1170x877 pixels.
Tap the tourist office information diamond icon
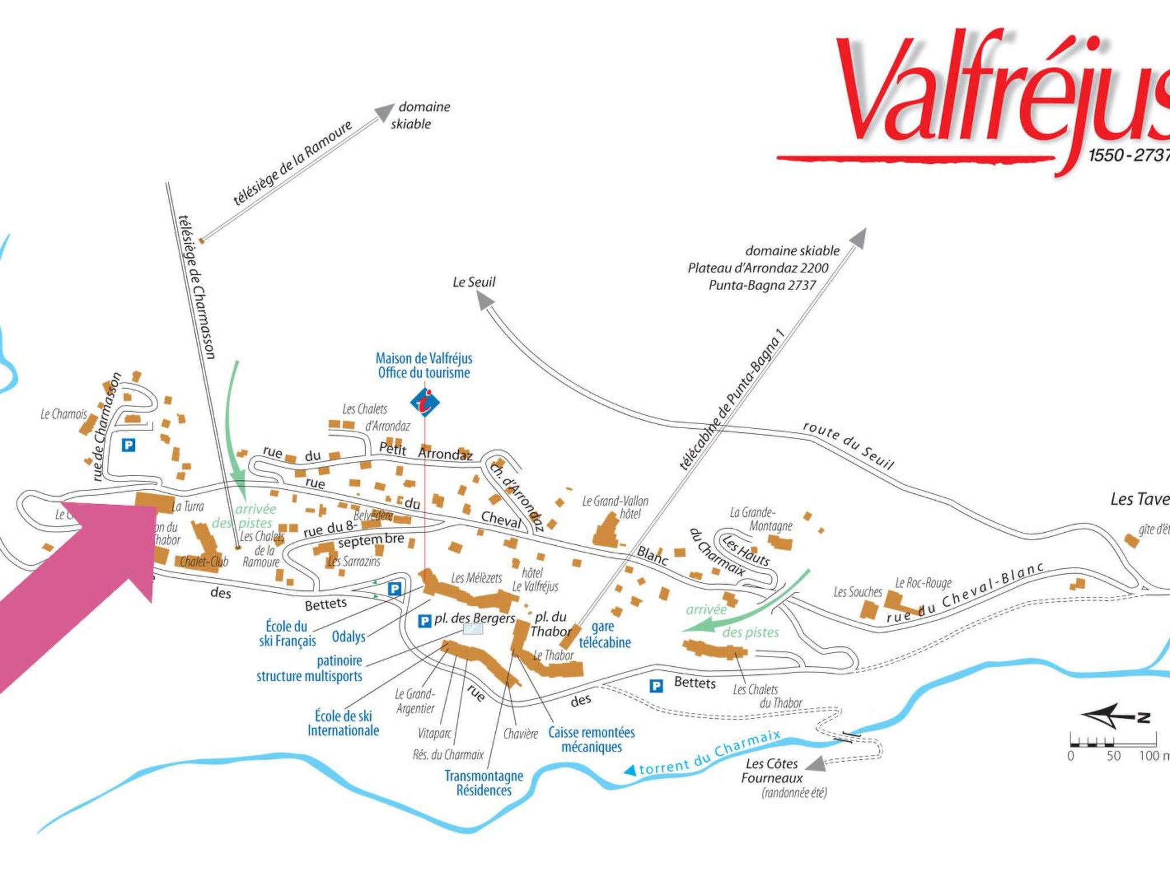tap(425, 402)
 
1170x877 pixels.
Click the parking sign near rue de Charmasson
tap(129, 445)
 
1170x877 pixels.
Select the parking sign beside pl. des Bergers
tap(424, 620)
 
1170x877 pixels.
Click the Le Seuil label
tap(474, 282)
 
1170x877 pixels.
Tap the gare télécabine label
tap(604, 634)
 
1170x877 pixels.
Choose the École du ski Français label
tap(287, 633)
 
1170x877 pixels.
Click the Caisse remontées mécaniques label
tap(591, 739)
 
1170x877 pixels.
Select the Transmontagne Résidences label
tap(484, 783)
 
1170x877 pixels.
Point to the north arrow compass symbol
tap(1114, 717)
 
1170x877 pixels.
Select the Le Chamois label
tap(63, 414)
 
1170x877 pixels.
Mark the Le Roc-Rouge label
tap(923, 583)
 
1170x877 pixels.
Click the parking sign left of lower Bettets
tap(657, 686)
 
